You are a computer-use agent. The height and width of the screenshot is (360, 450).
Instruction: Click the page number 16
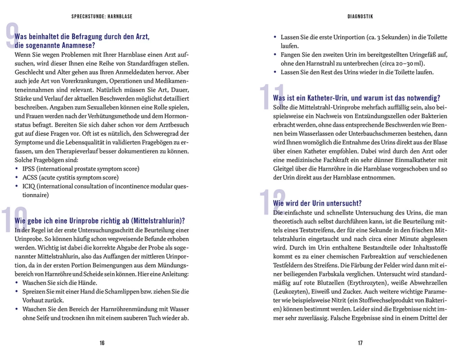(102, 343)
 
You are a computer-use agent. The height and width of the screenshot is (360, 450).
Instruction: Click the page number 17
(360, 343)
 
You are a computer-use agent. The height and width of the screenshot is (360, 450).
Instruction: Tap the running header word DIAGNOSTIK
(360, 17)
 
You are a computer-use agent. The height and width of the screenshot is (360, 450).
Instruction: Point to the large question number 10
(13, 220)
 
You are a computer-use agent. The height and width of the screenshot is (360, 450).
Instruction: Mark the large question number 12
(273, 202)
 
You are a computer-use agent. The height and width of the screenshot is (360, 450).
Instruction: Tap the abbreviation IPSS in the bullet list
(30, 169)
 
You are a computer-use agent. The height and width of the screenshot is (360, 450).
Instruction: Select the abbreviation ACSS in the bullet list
(30, 177)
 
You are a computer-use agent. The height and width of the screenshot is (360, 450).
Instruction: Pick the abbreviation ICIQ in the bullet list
(30, 186)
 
